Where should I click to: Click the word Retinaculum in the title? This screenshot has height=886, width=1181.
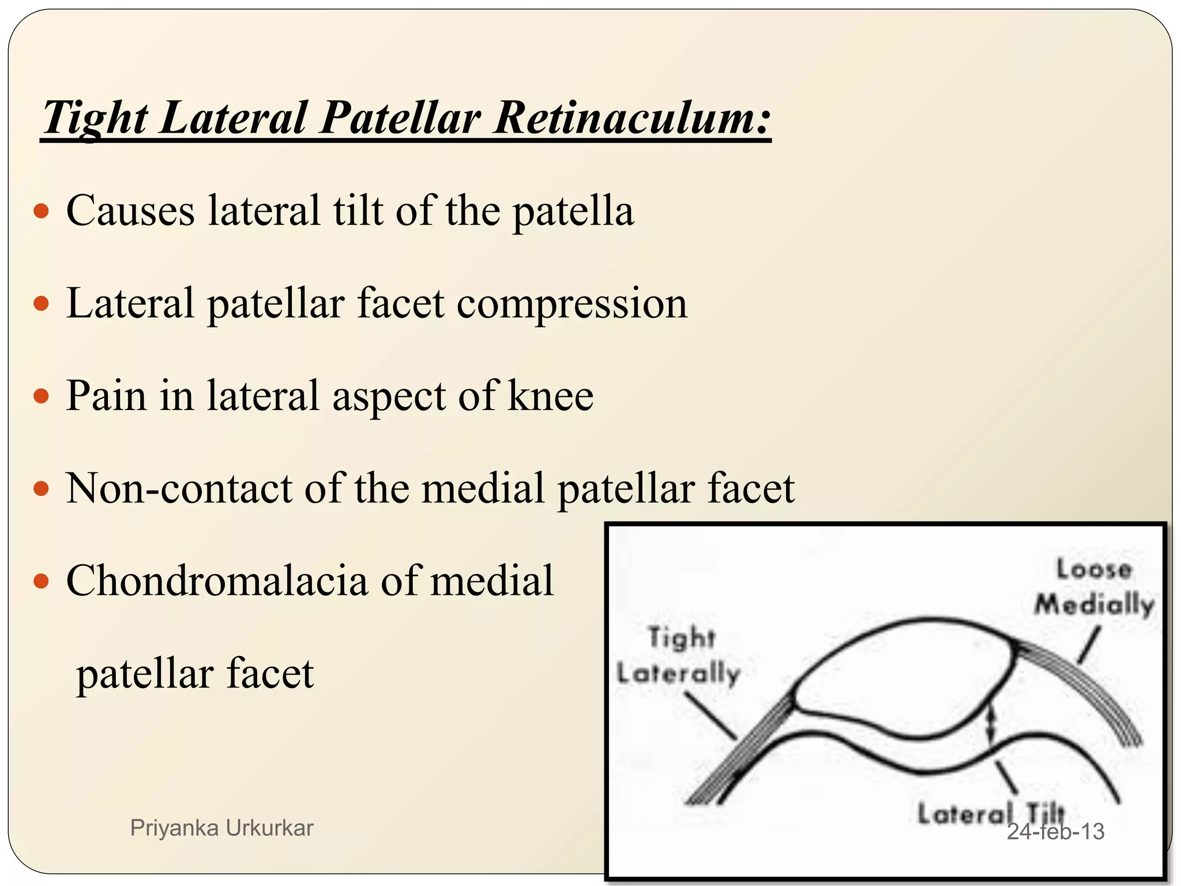pos(632,118)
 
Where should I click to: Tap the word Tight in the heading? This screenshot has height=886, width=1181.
pos(96,118)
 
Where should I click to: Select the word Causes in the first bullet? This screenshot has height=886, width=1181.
pos(130,211)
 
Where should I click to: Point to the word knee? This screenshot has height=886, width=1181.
pos(550,396)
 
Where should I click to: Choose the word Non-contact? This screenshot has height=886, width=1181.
pos(179,489)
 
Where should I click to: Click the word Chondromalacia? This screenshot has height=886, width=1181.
pos(217,581)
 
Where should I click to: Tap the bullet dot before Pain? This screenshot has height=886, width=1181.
pos(42,396)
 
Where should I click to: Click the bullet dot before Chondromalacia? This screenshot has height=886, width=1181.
pos(42,581)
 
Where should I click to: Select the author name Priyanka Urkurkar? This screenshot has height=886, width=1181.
pos(221,828)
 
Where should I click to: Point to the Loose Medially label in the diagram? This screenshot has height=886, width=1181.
pos(1094,587)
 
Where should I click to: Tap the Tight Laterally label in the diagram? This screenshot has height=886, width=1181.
pos(679,656)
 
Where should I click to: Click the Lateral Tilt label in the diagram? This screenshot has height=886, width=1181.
pos(990,813)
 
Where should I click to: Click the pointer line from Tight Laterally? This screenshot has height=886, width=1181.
pos(710,716)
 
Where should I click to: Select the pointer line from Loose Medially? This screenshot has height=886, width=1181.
pos(1089,645)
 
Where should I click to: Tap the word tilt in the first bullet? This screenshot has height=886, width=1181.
pos(358,211)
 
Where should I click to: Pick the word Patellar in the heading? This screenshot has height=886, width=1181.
pos(400,118)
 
